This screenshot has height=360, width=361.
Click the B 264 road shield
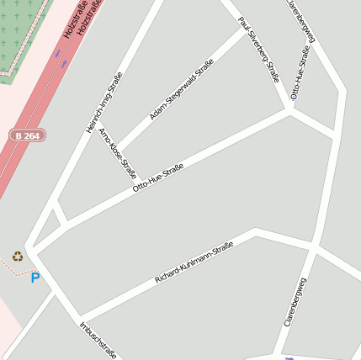click(29, 135)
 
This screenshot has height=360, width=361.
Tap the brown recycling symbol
click(18, 256)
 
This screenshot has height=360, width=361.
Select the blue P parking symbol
click(35, 278)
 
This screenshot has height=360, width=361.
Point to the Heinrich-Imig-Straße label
click(104, 103)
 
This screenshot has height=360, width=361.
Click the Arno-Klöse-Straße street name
click(118, 154)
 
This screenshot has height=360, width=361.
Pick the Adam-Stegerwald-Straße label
click(181, 88)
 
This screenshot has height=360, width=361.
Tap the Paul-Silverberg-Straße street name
click(258, 49)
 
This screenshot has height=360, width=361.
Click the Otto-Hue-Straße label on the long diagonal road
click(158, 179)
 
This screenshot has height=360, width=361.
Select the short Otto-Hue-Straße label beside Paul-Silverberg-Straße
click(299, 72)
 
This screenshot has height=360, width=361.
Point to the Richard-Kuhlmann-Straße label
click(194, 262)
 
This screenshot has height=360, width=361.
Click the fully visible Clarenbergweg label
click(295, 302)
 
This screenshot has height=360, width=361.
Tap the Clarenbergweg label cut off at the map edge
click(303, 19)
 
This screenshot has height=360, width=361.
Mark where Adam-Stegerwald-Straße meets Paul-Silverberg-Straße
click(243, 29)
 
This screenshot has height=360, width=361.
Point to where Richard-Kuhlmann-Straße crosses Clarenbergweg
click(313, 249)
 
